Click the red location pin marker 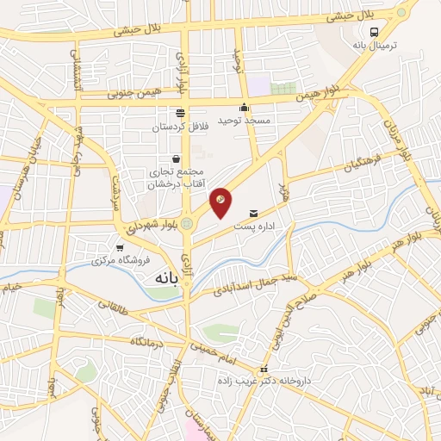[x=220, y=202]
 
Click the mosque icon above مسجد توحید [x=245, y=108]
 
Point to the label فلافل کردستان [x=181, y=126]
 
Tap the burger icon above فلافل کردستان [x=181, y=113]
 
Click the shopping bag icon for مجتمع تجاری [x=177, y=158]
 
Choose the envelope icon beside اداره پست [x=252, y=213]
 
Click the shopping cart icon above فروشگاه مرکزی [x=120, y=248]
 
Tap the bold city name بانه [x=164, y=278]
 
